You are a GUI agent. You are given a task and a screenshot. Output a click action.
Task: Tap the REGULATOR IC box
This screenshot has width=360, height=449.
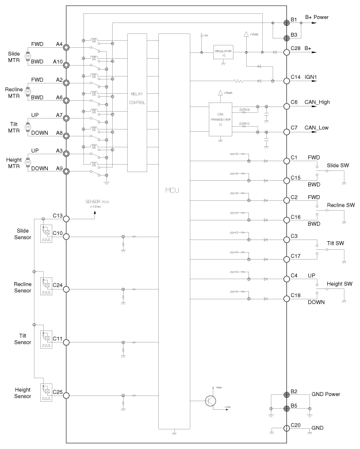[x=223, y=52]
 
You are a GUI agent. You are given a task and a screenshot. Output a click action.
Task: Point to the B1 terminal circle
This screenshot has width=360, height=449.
[x=286, y=23]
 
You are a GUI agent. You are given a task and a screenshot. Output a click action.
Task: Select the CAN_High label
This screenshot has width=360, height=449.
[x=317, y=102]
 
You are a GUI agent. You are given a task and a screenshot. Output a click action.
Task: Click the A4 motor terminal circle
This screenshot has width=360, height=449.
[x=67, y=47]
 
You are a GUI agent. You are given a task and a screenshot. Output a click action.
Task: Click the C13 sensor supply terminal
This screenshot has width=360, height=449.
[x=67, y=219]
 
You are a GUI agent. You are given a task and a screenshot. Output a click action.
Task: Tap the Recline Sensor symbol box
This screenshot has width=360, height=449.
[x=45, y=287]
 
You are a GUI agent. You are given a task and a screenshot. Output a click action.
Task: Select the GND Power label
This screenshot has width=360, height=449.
[x=326, y=394]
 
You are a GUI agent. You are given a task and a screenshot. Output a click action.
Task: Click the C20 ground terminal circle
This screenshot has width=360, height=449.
[x=286, y=429]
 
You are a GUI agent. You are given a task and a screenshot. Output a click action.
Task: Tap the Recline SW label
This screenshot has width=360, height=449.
[x=340, y=205]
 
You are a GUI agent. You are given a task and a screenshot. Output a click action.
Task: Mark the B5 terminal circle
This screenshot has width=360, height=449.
[x=286, y=409]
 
